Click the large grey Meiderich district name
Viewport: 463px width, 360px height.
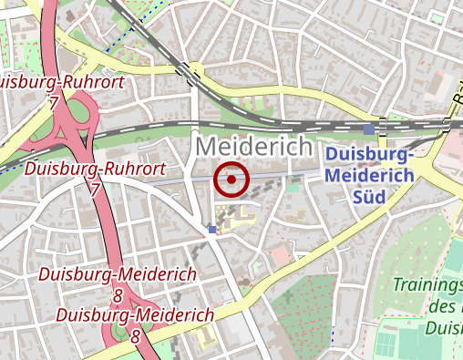254,146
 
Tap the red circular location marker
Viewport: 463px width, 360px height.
231,180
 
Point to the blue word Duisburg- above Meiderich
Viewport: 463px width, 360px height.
369,155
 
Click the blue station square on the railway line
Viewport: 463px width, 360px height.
368,129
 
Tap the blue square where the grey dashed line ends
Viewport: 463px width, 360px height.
212,230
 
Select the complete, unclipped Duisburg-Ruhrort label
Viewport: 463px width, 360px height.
96,169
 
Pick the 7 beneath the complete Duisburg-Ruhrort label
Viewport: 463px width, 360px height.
95,190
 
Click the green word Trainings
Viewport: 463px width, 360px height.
427,284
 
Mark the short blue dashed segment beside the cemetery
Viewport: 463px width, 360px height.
333,334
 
